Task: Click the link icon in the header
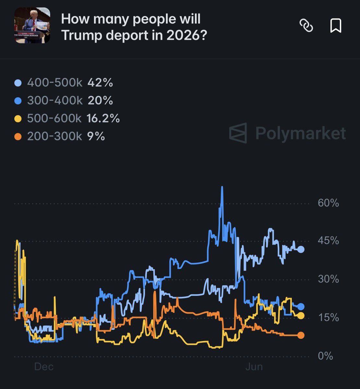tap(306, 26)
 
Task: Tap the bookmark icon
tap(336, 26)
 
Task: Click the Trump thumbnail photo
tap(32, 25)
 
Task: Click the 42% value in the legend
tap(100, 82)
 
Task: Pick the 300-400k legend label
tap(55, 100)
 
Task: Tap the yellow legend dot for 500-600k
tap(18, 119)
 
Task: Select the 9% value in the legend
tap(96, 136)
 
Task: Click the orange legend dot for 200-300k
tap(18, 137)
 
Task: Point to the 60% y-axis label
tap(328, 203)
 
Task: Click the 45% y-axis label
tap(328, 241)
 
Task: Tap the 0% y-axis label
tap(325, 356)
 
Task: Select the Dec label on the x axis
tap(44, 367)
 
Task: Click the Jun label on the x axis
tap(254, 367)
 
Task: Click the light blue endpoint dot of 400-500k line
tap(301, 249)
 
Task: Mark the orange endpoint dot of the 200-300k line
tap(301, 335)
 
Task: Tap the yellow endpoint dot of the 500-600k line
tap(301, 315)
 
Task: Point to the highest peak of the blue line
tap(222, 187)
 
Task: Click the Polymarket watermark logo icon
tap(238, 133)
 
